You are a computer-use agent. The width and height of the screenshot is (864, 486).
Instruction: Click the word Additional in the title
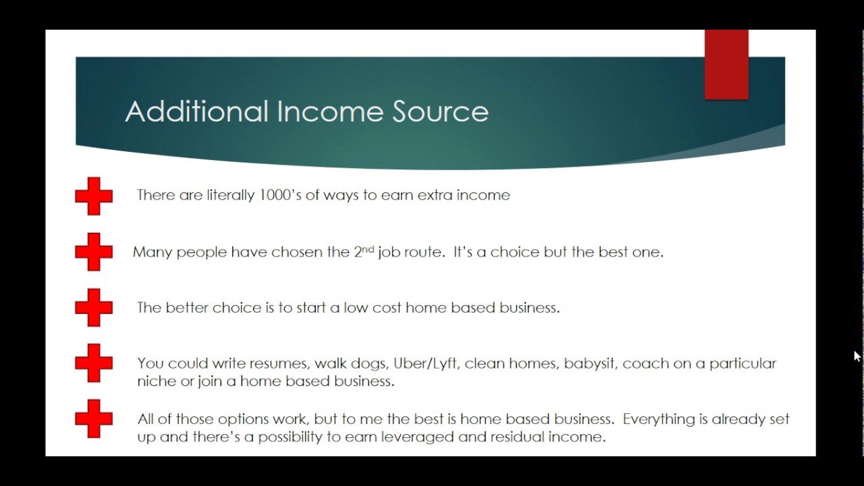point(196,111)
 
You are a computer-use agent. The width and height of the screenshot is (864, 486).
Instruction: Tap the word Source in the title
point(440,111)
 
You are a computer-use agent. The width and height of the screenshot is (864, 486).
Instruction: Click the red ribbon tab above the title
point(726,65)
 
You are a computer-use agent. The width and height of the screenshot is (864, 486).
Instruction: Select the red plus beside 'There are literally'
point(94,196)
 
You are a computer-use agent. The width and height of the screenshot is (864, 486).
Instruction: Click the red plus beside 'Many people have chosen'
point(94,252)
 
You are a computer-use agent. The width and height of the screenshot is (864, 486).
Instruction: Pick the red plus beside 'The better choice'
point(94,308)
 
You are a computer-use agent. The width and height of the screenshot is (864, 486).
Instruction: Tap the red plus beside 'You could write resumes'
point(94,363)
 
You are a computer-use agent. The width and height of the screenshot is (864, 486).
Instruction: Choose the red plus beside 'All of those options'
point(94,418)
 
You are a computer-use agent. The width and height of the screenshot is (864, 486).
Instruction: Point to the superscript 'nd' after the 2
point(367,248)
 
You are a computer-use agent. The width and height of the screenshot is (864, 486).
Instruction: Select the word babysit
point(589,364)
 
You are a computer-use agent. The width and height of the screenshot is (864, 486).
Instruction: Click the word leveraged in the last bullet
point(417,437)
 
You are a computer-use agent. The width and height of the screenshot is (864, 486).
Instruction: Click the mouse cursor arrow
point(857,356)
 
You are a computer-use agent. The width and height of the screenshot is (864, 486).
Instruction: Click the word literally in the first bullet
point(231,195)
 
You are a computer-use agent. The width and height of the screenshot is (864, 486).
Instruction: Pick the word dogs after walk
point(369,364)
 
